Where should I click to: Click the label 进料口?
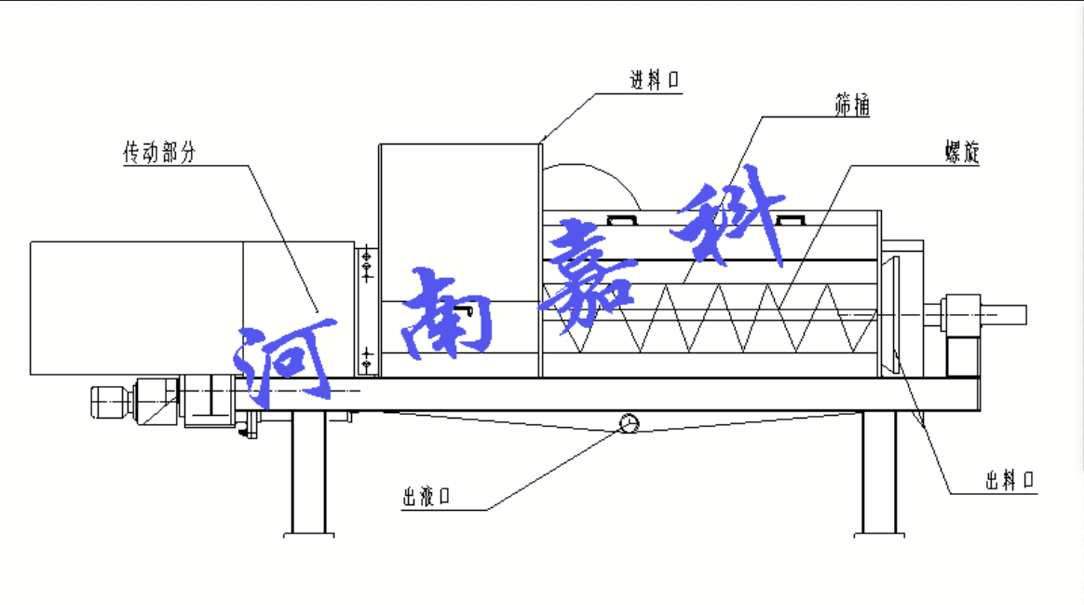[655, 81]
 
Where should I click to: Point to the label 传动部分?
[160, 154]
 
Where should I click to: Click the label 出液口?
[427, 497]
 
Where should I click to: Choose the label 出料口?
[1010, 481]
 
